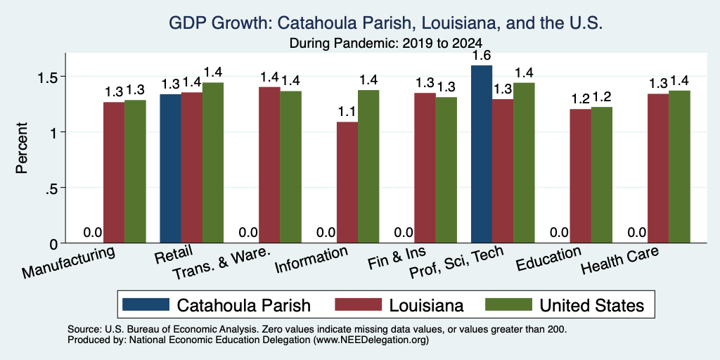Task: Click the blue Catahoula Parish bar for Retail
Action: pos(170,169)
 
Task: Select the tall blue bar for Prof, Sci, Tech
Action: pos(482,154)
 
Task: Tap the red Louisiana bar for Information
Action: pos(347,182)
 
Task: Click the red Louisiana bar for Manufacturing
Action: pos(114,172)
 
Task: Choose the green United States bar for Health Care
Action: pos(680,167)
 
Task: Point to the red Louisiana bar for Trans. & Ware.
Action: pos(269,165)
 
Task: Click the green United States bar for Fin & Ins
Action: pos(446,170)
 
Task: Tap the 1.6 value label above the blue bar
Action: pos(482,56)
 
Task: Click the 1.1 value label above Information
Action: pos(347,112)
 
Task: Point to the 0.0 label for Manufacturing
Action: pos(92,232)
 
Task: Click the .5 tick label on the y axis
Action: pos(52,188)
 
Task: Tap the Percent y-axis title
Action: pos(22,148)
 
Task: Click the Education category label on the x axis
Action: pos(548,259)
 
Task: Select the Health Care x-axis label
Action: pos(620,260)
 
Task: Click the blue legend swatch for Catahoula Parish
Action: pos(146,304)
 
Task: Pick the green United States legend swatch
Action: pos(508,304)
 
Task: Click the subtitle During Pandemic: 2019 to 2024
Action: pos(386,44)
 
